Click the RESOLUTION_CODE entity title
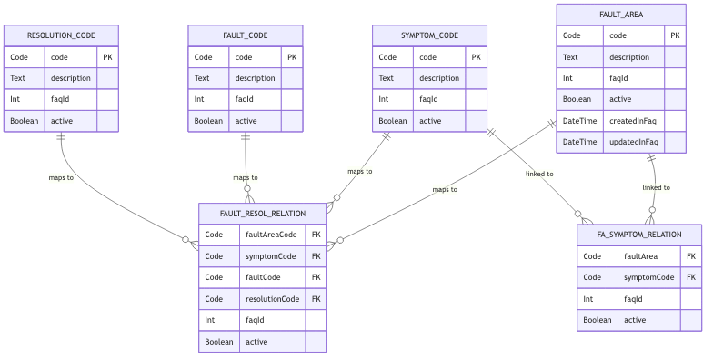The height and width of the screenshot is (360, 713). tap(61, 35)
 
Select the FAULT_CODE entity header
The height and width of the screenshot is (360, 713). tap(246, 35)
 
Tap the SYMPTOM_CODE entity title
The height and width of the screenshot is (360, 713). tap(429, 35)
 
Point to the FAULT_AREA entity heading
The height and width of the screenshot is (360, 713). tap(621, 15)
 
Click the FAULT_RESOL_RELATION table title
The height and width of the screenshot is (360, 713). tap(263, 214)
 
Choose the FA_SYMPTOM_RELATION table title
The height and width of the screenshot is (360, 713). tap(639, 235)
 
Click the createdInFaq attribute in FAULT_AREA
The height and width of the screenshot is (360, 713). tap(633, 121)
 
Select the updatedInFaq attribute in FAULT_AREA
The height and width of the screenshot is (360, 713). tap(633, 142)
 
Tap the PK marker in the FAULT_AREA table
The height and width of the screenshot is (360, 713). tap(675, 35)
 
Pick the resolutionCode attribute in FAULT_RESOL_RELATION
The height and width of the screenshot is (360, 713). tap(272, 298)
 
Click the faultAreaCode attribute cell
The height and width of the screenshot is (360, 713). tap(272, 235)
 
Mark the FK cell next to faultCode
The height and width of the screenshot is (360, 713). tap(316, 277)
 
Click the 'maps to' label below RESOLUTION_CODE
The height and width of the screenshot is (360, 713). tap(61, 177)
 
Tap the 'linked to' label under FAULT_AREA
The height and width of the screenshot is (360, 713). tap(656, 188)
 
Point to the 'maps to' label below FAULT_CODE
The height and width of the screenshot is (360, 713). tap(246, 178)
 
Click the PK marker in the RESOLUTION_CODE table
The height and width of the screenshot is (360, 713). tap(107, 57)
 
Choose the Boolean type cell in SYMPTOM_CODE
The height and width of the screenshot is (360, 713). tap(393, 121)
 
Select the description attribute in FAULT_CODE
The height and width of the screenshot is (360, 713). tap(255, 78)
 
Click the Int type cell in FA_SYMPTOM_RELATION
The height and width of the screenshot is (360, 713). tap(588, 298)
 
